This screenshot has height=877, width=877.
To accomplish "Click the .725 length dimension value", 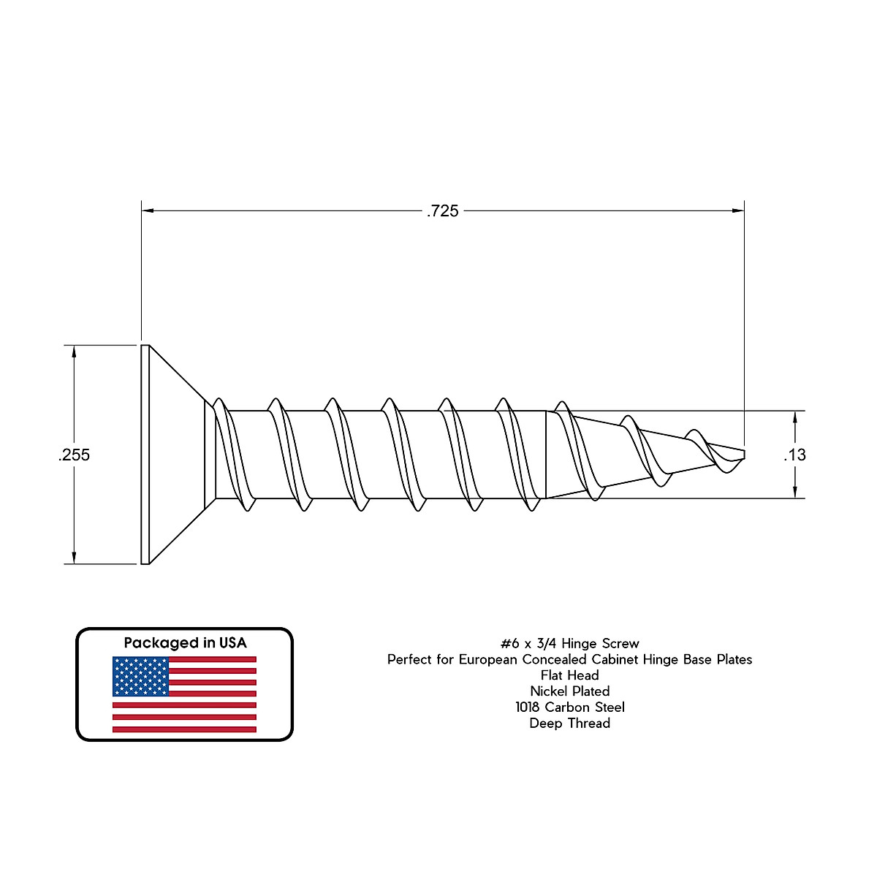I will pyautogui.click(x=443, y=211).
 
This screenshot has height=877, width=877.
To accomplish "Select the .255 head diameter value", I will pyautogui.click(x=74, y=455).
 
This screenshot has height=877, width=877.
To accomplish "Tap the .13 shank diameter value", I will pyautogui.click(x=794, y=455).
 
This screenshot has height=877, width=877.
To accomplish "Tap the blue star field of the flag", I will pyautogui.click(x=140, y=676).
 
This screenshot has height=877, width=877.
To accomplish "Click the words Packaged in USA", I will pyautogui.click(x=185, y=643).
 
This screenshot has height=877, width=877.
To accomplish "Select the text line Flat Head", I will pyautogui.click(x=569, y=675).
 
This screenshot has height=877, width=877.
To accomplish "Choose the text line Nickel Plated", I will pyautogui.click(x=569, y=691).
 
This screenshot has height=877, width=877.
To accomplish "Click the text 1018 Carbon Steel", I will pyautogui.click(x=569, y=707).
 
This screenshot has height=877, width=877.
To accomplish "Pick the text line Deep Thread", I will pyautogui.click(x=569, y=724).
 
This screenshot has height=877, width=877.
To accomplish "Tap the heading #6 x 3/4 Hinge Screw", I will pyautogui.click(x=569, y=644).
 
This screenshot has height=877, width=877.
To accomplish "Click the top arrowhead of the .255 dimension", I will pyautogui.click(x=73, y=351).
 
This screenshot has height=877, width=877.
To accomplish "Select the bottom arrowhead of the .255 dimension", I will pyautogui.click(x=73, y=558).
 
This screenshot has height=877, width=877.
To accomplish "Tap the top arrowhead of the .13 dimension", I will pyautogui.click(x=794, y=417).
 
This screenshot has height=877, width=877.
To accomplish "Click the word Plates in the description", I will pyautogui.click(x=733, y=660).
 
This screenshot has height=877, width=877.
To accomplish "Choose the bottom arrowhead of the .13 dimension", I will pyautogui.click(x=794, y=493).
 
